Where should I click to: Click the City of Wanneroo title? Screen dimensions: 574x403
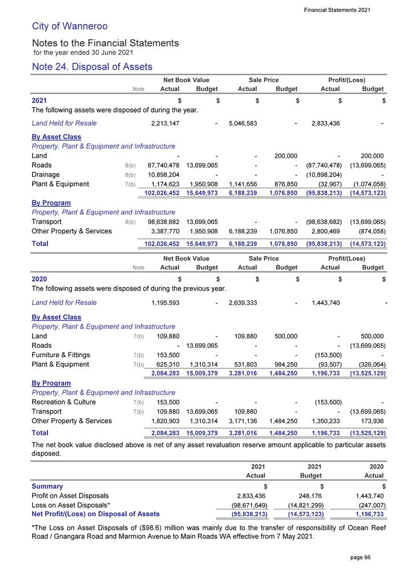70,26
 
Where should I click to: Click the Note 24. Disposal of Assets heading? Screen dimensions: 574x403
92,67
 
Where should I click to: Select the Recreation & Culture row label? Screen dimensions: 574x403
64,402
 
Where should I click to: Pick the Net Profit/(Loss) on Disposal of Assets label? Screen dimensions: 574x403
96,514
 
